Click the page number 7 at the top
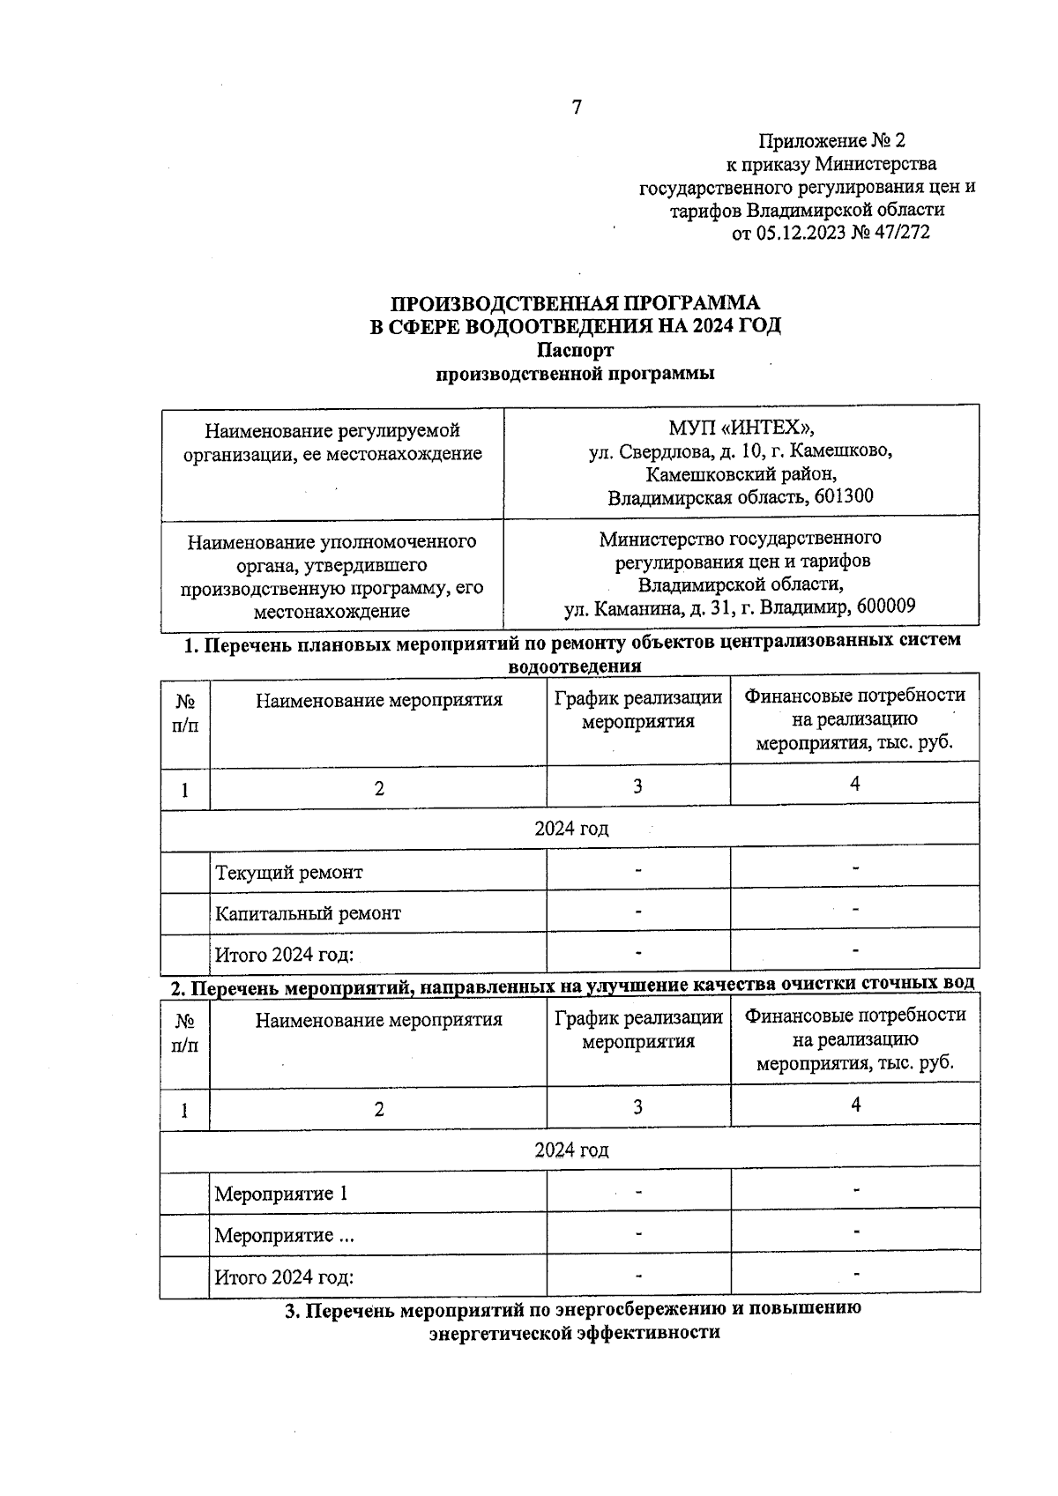[577, 108]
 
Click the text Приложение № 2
[831, 141]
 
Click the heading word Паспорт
[575, 350]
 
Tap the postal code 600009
[884, 607]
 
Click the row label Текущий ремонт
[288, 873]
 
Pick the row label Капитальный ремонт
[308, 913]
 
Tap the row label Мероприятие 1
[281, 1195]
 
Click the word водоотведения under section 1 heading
[575, 666]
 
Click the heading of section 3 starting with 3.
[573, 1309]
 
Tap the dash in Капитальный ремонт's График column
[637, 911]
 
